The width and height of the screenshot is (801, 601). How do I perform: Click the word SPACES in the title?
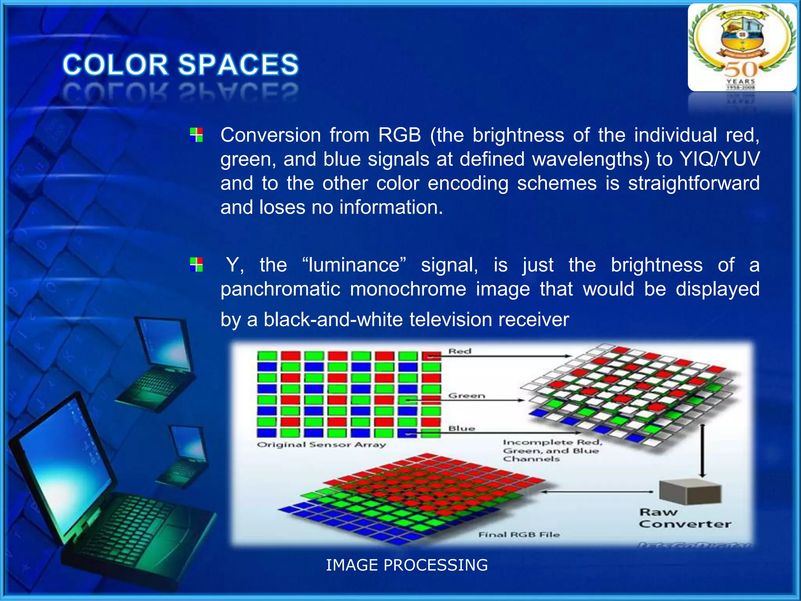tap(239, 65)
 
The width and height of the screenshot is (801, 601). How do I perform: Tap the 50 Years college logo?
tap(742, 47)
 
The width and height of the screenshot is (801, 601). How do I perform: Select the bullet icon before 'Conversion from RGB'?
tap(196, 135)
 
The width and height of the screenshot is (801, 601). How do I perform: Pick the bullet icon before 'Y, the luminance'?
tap(196, 265)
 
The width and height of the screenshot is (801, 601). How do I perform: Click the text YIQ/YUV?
tap(720, 159)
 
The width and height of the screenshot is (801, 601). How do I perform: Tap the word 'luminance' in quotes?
tap(354, 265)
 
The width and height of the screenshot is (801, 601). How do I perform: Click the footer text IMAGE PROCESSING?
tap(407, 565)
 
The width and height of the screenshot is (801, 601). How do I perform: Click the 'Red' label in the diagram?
tap(460, 351)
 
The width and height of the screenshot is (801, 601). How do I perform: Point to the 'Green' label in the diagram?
tap(467, 396)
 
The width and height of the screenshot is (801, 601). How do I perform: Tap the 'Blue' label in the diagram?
tap(462, 428)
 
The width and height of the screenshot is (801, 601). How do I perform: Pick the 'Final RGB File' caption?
tap(519, 534)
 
